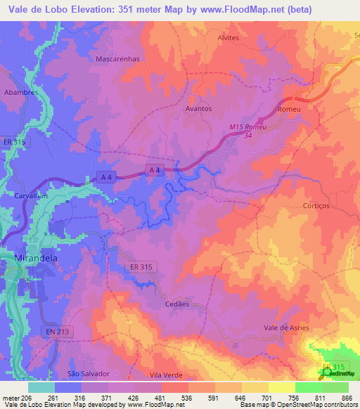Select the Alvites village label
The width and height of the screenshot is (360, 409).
pyautogui.click(x=229, y=38)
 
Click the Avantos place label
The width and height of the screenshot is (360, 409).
pyautogui.click(x=199, y=109)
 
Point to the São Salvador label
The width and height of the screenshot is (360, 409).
pyautogui.click(x=89, y=373)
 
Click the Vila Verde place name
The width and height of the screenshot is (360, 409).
pyautogui.click(x=167, y=375)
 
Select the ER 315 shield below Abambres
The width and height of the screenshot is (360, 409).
pyautogui.click(x=15, y=141)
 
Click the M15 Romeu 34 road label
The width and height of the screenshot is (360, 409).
pyautogui.click(x=250, y=130)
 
